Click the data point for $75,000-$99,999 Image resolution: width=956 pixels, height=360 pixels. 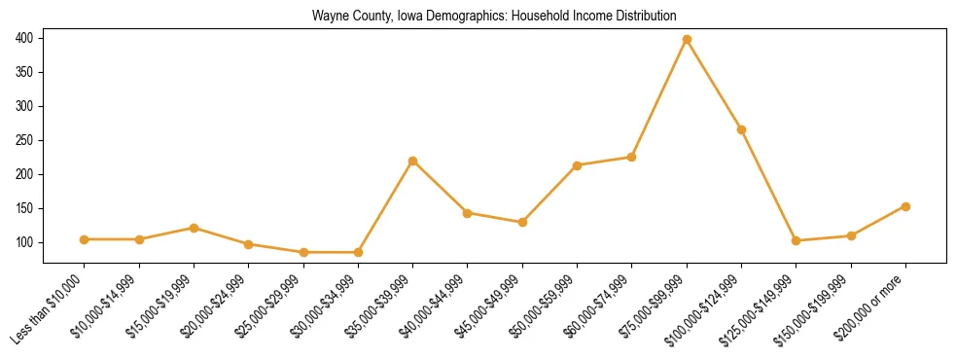coord(687,40)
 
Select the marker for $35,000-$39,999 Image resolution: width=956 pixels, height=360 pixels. coord(413,161)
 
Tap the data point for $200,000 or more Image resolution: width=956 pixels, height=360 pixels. coord(905,206)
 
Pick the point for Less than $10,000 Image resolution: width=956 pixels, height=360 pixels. coord(85,239)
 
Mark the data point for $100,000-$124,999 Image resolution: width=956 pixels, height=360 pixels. coord(741,129)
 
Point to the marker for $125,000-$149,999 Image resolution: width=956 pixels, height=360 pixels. coord(797,240)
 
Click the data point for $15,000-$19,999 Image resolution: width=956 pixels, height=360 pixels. coord(195,228)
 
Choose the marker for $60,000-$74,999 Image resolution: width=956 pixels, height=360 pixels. coord(632,157)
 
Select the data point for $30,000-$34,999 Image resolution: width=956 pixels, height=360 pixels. coord(359,252)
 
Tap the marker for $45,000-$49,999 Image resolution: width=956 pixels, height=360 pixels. coord(522,222)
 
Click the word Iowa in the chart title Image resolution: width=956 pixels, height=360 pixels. coord(400,17)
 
